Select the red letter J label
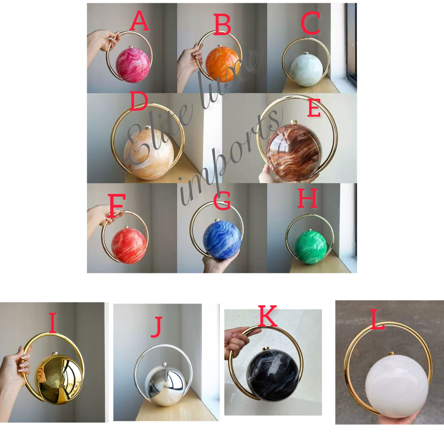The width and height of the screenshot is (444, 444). (157, 327)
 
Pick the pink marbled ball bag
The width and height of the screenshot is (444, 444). (133, 65)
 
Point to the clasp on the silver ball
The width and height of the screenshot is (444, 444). (165, 364)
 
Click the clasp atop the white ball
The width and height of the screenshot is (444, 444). (391, 354)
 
